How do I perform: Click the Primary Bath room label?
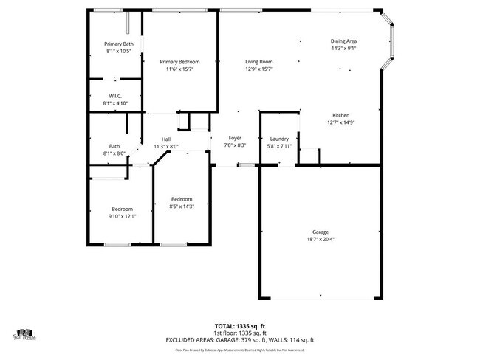point(119,44)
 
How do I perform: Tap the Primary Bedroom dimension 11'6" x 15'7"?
point(182,69)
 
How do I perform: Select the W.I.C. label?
point(115,96)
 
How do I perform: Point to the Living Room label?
point(259,62)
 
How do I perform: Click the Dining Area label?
point(343,41)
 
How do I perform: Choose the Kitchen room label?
point(340,115)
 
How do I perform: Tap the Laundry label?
point(279,139)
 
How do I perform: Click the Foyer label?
point(235,139)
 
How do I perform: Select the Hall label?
point(166,139)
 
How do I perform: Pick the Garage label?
point(320,232)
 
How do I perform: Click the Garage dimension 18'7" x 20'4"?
point(320,239)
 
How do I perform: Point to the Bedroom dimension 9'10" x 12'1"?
point(123,216)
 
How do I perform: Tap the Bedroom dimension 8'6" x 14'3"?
point(182,207)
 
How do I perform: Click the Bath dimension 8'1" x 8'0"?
point(114,153)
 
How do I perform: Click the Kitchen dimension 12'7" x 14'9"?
point(340,122)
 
